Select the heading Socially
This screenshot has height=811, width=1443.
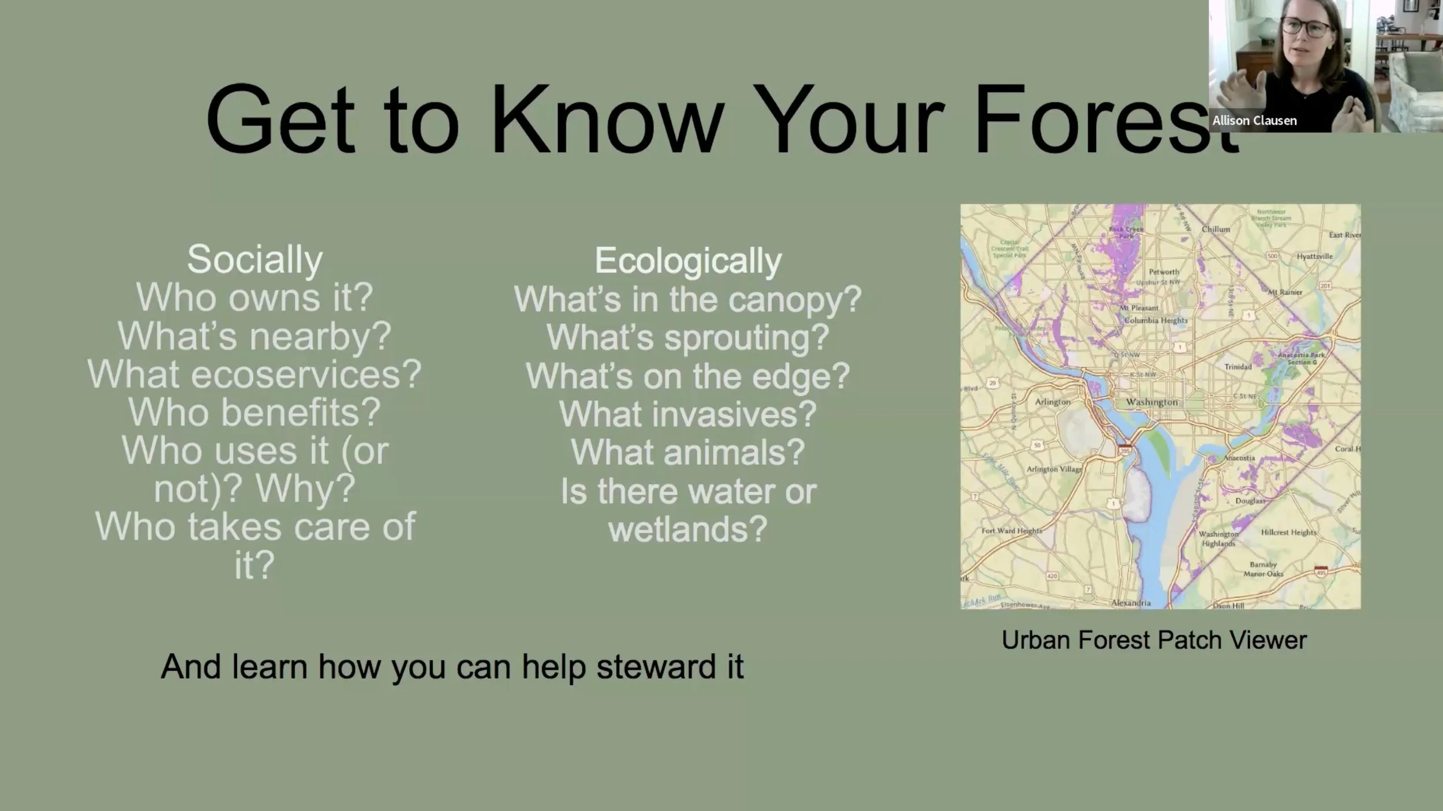(255, 260)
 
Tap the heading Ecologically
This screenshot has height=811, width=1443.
(688, 261)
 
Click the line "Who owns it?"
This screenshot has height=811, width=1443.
(255, 298)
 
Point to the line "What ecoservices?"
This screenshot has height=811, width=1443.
(255, 374)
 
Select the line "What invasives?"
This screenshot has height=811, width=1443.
(688, 414)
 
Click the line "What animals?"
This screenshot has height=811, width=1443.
(688, 452)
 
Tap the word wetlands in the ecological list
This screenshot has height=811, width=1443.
(688, 529)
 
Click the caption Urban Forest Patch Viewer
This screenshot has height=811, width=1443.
(1154, 640)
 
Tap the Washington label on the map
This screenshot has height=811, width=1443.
(1152, 402)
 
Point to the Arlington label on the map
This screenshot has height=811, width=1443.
(1052, 402)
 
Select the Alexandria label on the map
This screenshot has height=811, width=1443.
(1131, 603)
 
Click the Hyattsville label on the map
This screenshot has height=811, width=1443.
(1314, 256)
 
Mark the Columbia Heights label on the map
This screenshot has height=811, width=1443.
(1156, 320)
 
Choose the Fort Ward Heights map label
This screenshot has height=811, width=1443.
(1011, 531)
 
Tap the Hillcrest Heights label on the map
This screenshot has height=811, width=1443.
(1288, 532)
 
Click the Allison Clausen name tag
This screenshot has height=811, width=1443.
(1254, 121)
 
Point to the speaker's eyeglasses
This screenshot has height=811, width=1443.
(1306, 27)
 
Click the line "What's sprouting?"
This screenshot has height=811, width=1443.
(688, 337)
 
